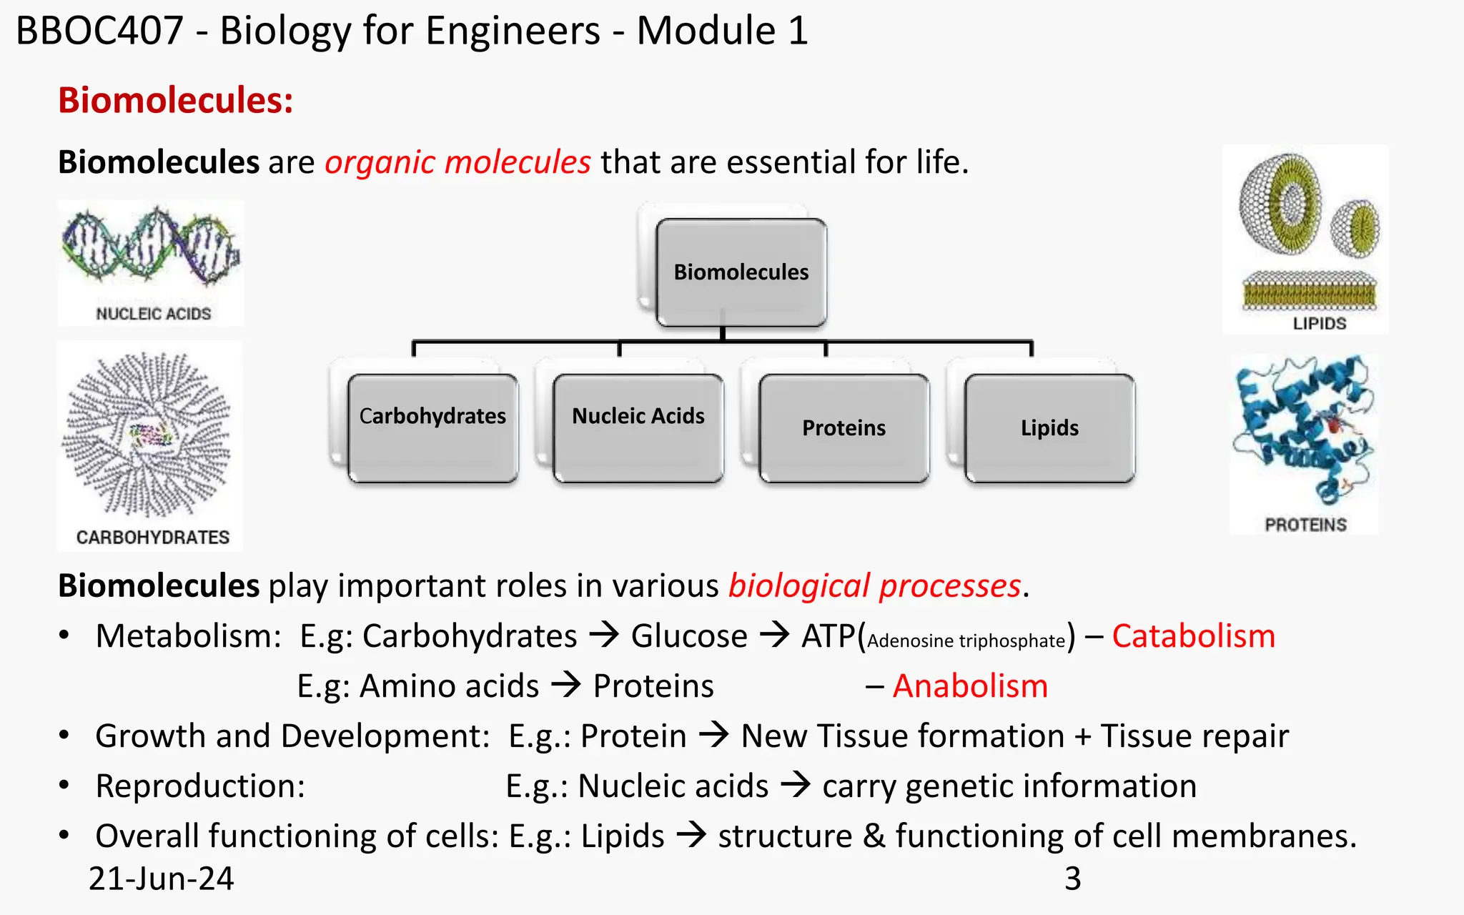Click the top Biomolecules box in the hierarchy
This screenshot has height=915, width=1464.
tap(741, 272)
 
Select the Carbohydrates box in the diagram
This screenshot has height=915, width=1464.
tap(432, 427)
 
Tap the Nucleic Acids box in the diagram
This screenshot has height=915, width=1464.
tap(638, 427)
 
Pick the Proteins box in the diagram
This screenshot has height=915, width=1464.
tap(844, 427)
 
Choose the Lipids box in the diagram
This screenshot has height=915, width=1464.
tap(1049, 427)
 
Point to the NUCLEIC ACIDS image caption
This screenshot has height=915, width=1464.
tap(153, 314)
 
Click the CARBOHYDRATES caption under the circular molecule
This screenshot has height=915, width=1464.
tap(153, 538)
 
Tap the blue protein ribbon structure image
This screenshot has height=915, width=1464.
tap(1305, 432)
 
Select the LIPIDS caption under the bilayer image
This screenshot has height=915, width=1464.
tap(1319, 324)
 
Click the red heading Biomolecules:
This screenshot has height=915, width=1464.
tap(176, 100)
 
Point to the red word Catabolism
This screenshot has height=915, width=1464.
tap(1193, 636)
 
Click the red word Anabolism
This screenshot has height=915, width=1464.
tap(970, 686)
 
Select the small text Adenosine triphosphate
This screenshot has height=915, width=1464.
tap(966, 641)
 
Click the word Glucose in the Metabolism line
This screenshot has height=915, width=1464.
tap(689, 636)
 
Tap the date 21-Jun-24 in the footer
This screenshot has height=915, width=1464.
tap(162, 879)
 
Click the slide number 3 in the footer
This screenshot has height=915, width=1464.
tap(1072, 879)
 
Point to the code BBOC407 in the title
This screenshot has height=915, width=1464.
tap(100, 31)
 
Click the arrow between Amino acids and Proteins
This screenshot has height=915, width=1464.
tap(566, 686)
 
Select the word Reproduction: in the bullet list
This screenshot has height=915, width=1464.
tap(200, 786)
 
